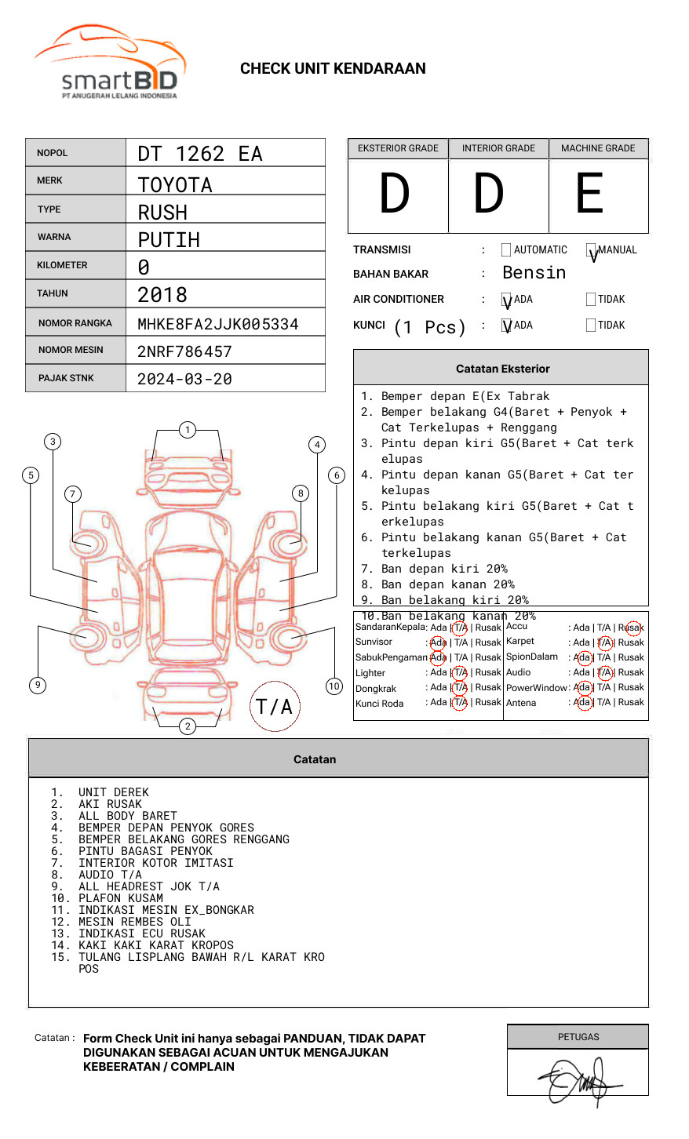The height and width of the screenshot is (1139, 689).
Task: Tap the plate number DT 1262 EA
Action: tap(199, 154)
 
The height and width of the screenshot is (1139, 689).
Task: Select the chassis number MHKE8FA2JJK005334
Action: tap(217, 324)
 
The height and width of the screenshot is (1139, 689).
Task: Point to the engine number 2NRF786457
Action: tap(184, 351)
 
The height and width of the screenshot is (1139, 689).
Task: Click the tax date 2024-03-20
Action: tap(184, 379)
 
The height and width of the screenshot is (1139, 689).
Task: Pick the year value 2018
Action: tap(162, 295)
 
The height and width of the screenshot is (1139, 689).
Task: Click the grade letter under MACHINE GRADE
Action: tap(590, 194)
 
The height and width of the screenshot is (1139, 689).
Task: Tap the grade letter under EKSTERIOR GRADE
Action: tap(396, 194)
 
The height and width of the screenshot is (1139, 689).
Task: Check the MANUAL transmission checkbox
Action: tap(591, 250)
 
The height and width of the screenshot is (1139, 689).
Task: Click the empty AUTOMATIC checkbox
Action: tap(506, 250)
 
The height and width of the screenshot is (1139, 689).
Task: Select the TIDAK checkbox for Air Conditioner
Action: tap(591, 300)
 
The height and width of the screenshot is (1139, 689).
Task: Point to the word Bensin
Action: tap(534, 273)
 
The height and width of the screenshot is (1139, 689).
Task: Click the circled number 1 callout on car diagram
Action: tap(187, 429)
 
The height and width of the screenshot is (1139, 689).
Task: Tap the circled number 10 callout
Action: tap(334, 686)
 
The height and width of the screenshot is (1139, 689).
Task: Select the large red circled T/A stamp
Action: tap(274, 707)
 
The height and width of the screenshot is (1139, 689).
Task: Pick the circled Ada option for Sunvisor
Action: tap(438, 642)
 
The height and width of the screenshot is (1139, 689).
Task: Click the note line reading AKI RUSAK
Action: tap(110, 804)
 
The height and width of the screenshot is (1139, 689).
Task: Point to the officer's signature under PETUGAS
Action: tap(578, 1080)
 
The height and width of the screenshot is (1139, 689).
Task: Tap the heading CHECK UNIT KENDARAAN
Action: tap(333, 69)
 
